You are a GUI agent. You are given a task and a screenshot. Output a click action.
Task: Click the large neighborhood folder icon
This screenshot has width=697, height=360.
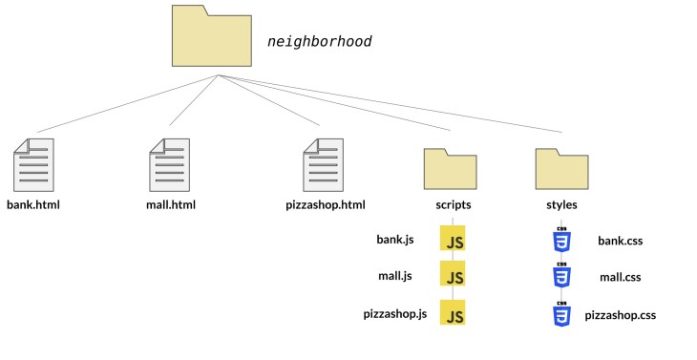(x=213, y=36)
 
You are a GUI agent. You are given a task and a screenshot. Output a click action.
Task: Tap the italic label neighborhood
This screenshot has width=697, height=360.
(x=319, y=42)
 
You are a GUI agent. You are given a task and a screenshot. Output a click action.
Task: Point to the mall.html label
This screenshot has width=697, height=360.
(x=170, y=204)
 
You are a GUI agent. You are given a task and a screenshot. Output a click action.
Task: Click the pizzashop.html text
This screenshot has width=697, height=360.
(x=326, y=204)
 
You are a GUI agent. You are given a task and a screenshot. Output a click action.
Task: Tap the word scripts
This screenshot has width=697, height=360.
(x=449, y=204)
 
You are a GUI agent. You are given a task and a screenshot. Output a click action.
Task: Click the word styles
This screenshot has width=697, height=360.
(x=560, y=204)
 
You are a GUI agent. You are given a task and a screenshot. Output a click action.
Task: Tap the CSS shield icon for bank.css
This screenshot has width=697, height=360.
(x=561, y=241)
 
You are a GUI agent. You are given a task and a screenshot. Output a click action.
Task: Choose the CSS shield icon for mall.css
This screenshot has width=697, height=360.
(x=561, y=277)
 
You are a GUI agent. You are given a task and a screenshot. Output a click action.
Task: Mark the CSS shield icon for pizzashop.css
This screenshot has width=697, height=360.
(x=561, y=314)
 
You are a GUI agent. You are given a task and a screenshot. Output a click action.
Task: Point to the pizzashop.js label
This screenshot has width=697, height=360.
(x=395, y=313)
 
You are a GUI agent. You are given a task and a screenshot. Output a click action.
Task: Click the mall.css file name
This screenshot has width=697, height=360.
(x=620, y=278)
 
